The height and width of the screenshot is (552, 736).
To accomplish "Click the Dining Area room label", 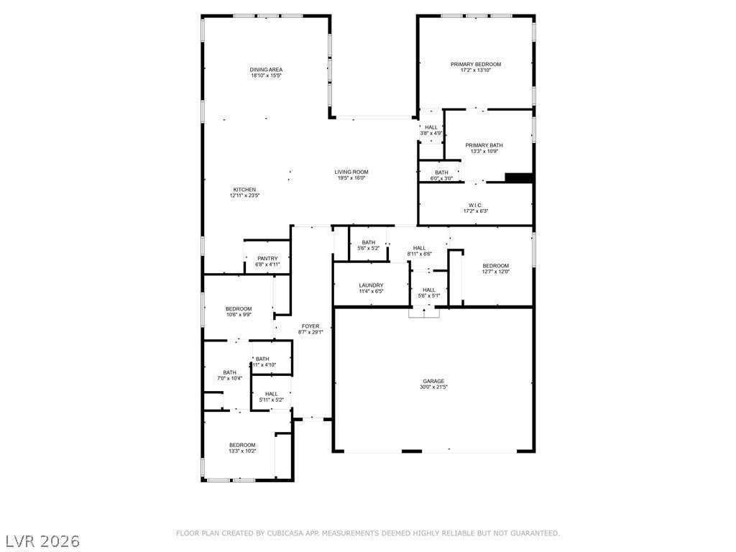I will click(266, 70).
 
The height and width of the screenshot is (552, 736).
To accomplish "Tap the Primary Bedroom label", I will click(475, 65).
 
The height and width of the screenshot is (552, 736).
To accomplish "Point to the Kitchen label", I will click(244, 190).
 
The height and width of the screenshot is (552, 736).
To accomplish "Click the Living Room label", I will click(351, 172).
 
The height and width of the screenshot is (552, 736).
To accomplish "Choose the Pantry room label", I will click(267, 259).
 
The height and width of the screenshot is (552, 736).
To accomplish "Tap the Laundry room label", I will click(371, 285).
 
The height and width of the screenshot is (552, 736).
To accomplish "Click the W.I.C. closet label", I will click(475, 205).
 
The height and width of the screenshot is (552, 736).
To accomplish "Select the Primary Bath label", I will click(484, 145).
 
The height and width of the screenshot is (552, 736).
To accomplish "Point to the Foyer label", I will click(310, 326).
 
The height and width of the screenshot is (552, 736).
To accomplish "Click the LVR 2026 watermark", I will click(42, 540).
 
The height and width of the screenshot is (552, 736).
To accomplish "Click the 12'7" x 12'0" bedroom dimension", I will click(495, 272).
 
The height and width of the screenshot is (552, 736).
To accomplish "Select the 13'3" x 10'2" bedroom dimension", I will click(242, 451).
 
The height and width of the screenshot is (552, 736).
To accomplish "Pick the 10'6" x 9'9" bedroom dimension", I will click(239, 315).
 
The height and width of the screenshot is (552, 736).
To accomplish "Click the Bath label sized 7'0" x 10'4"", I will click(229, 372).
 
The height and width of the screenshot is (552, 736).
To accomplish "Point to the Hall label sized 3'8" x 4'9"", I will click(431, 127).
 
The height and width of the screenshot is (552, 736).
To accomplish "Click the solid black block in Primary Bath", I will click(518, 178).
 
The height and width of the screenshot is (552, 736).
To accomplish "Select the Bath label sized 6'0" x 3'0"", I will click(441, 172).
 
